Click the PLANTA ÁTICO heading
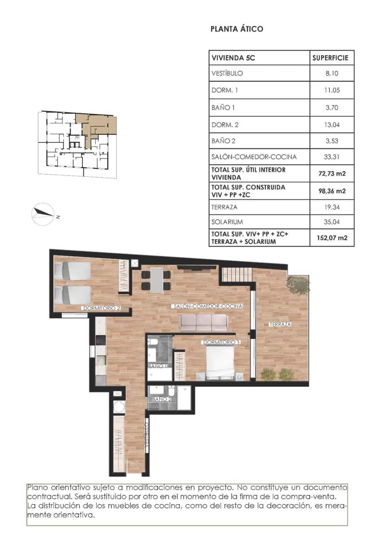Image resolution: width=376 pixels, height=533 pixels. tap(236, 29)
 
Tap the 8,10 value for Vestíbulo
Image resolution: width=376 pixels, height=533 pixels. tap(332, 74)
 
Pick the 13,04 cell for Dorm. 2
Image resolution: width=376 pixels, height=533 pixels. tap(332, 125)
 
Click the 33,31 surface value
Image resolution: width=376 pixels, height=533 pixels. tap(332, 157)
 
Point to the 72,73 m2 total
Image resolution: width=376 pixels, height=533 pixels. tap(332, 173)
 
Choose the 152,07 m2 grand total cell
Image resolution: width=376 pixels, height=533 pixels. tap(332, 238)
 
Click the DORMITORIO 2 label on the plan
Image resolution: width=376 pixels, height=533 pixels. tap(101, 308)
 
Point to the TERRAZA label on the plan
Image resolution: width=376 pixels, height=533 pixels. tap(280, 325)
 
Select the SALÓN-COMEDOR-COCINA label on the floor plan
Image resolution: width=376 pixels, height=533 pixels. tap(208, 307)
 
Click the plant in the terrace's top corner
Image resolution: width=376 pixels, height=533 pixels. tap(298, 285)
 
